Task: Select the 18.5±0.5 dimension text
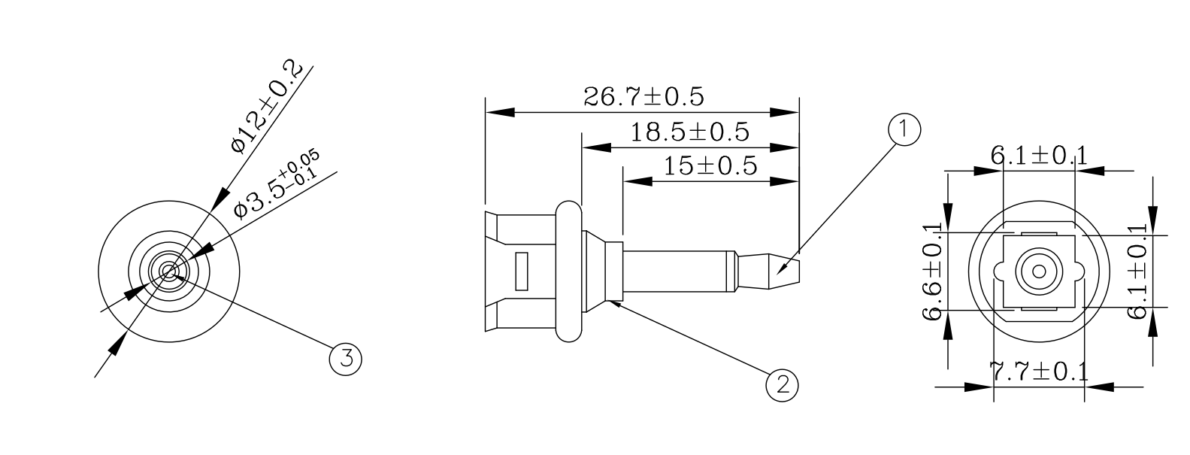[x=689, y=132]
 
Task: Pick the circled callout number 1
[x=904, y=129]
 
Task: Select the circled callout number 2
[x=782, y=385]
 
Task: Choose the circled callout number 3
[x=346, y=358]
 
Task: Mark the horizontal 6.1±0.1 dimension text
[x=1038, y=156]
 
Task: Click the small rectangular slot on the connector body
[x=521, y=271]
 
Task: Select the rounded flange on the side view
[x=569, y=271]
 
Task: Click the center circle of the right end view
[x=1040, y=271]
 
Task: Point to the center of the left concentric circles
[x=168, y=271]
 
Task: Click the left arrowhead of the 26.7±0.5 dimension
[x=500, y=112]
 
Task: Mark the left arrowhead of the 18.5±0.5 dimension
[x=597, y=147]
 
